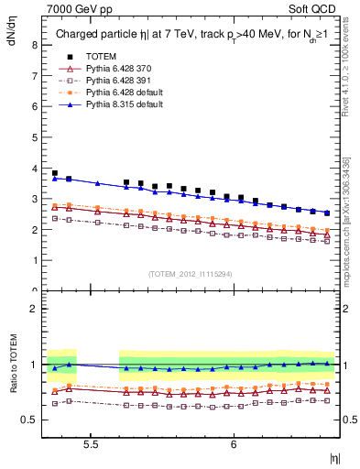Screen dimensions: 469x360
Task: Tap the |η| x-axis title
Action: [335, 458]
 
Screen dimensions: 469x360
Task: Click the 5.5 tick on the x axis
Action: [91, 443]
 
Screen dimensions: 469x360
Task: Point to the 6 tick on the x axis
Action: [235, 443]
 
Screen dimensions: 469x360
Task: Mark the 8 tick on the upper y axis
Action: [34, 44]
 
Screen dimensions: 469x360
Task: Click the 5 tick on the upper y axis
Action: [34, 136]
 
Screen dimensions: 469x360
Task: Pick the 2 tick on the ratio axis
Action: [34, 309]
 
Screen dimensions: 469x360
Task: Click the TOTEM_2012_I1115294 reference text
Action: [191, 274]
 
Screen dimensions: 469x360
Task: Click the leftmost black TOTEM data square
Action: [55, 173]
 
